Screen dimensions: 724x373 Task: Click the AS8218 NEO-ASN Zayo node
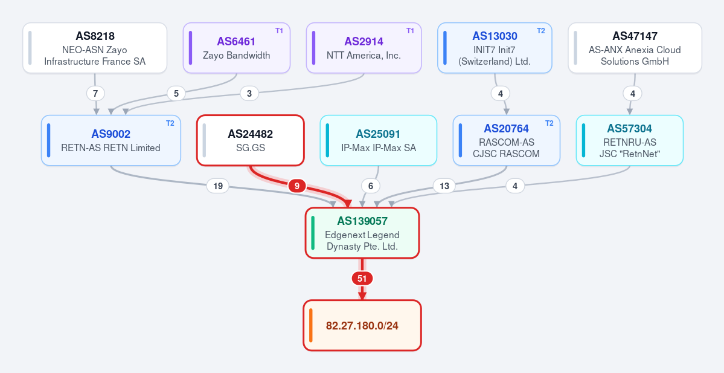coord(95,48)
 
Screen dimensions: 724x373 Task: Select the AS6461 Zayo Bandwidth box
coord(237,48)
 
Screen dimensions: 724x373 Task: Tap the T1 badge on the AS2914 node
coord(410,31)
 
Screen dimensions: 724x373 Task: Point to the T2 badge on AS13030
coord(540,31)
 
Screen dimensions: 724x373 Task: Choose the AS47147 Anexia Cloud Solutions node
coord(635,48)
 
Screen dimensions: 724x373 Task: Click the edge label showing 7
coord(95,94)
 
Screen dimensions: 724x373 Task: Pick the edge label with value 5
coord(176,94)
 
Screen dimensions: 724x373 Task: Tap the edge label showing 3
coord(249,94)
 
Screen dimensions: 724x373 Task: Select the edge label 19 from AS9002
coord(218,186)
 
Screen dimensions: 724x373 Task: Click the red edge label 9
coord(297,186)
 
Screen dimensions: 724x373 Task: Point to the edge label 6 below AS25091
coord(370,186)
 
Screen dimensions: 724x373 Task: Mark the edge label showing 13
coord(444,186)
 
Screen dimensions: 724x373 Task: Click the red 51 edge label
coord(362,279)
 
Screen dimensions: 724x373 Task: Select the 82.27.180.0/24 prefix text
coord(362,326)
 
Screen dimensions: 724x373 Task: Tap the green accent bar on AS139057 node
coord(313,233)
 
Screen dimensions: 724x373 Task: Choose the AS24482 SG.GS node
coord(250,140)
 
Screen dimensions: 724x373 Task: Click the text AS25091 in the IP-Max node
coord(378,134)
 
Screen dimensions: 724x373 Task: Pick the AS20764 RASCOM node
coord(506,140)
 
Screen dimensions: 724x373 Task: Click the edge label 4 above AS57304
coord(633,94)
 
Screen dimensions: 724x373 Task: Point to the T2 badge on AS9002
coord(170,123)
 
